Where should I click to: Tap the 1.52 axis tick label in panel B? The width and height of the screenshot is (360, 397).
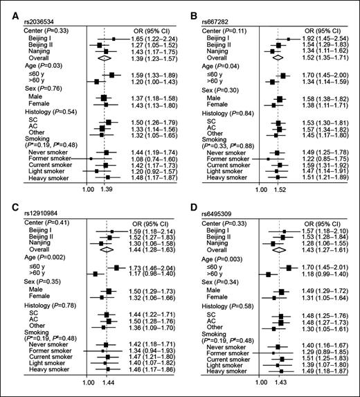pyautogui.click(x=283, y=188)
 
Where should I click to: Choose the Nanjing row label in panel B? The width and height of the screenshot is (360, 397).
pyautogui.click(x=214, y=52)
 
